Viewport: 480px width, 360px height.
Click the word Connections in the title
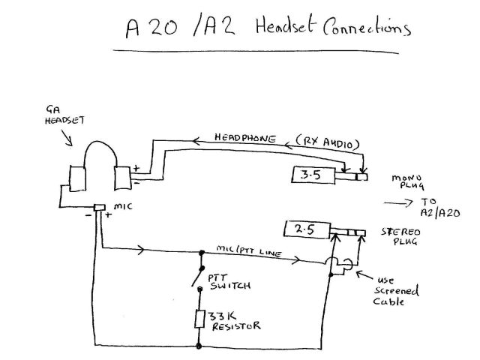tap(367, 29)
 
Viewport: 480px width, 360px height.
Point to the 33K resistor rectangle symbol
tap(200, 318)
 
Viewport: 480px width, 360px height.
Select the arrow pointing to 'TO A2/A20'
tap(397, 202)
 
